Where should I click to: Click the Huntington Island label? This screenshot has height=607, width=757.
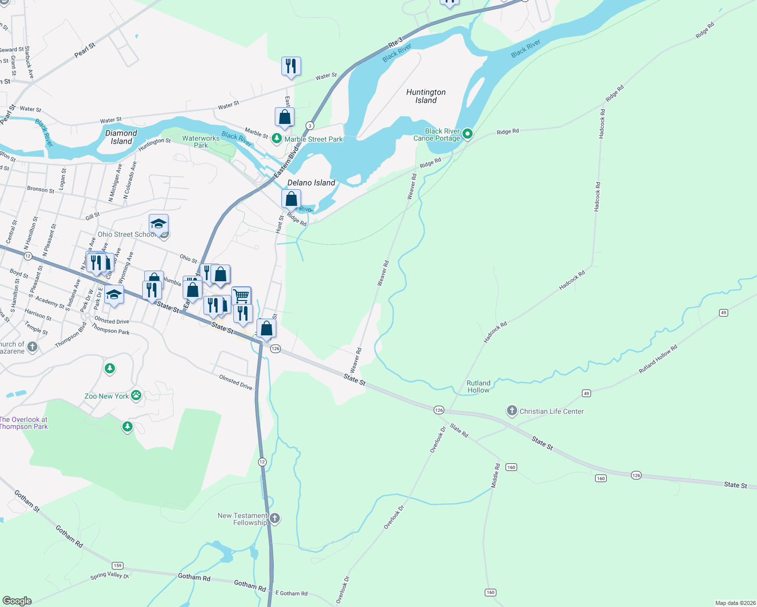[x=426, y=96]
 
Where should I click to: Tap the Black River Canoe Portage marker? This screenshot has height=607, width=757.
[x=468, y=134]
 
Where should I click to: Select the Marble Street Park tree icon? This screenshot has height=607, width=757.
[x=277, y=138]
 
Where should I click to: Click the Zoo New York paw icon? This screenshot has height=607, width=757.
[x=136, y=395]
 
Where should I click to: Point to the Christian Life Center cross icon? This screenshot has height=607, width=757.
[x=512, y=411]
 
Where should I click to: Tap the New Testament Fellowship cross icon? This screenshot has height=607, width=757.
[x=275, y=518]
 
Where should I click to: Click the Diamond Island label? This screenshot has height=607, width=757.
[x=121, y=137]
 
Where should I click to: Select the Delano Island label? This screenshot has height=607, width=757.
[x=311, y=183]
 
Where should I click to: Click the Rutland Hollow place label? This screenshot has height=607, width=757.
[x=478, y=386]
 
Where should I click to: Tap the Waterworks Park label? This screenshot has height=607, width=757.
[x=201, y=142]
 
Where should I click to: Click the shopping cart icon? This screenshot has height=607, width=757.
[x=241, y=295]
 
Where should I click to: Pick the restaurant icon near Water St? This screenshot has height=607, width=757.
[x=291, y=66]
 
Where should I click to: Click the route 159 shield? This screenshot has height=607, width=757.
[x=117, y=566]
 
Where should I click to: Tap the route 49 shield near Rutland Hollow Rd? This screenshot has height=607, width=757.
[x=586, y=393]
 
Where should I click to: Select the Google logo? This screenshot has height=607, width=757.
[x=17, y=600]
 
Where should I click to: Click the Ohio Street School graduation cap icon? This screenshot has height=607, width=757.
[x=158, y=224]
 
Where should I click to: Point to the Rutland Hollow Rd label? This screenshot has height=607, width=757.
[x=658, y=359]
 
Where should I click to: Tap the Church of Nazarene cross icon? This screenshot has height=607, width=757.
[x=32, y=346]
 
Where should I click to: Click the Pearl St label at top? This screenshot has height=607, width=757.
[x=85, y=50]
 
